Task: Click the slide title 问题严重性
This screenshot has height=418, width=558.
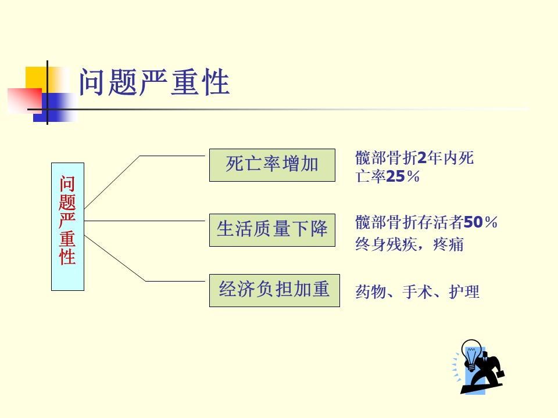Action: click(x=154, y=82)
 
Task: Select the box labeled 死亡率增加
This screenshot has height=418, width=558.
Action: click(x=272, y=165)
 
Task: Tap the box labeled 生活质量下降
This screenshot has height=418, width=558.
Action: click(x=272, y=230)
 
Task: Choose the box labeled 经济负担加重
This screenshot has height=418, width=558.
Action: click(x=274, y=290)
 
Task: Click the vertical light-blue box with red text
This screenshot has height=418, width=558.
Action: click(x=67, y=227)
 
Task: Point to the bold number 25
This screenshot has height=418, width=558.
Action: click(x=395, y=176)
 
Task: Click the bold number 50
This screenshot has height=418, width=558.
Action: click(x=473, y=222)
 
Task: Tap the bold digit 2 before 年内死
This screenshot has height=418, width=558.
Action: click(x=422, y=157)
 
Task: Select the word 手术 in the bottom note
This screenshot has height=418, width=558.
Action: click(x=417, y=292)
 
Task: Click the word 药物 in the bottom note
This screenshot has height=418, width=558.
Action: click(x=370, y=292)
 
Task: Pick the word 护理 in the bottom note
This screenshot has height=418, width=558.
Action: click(x=464, y=292)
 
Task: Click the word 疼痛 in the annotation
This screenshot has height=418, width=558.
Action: click(x=448, y=244)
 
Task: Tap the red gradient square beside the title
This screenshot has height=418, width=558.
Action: click(x=24, y=101)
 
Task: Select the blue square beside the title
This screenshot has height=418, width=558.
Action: click(x=55, y=107)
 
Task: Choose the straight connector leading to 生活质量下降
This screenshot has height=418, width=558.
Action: click(x=145, y=221)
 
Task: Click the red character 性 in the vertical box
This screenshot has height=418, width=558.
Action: click(x=67, y=257)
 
